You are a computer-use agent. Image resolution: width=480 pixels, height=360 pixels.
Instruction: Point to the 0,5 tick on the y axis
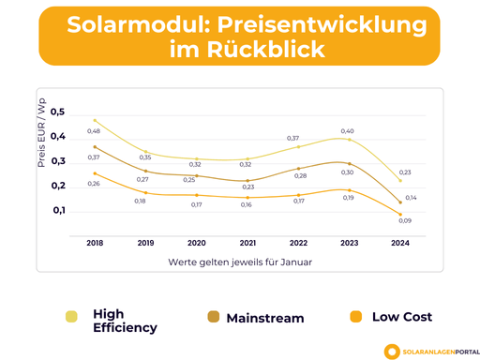(57, 112)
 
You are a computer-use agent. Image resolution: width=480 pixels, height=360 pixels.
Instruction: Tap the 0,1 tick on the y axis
(57, 210)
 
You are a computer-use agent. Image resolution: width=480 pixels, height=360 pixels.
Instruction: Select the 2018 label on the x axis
(95, 242)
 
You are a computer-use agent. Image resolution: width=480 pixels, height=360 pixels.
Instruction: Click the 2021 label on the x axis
(247, 242)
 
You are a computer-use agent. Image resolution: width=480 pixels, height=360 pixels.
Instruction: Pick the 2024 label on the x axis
(399, 242)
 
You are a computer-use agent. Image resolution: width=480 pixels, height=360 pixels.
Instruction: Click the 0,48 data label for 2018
(94, 130)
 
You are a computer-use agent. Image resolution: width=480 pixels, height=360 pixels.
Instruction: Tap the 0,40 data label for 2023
(347, 131)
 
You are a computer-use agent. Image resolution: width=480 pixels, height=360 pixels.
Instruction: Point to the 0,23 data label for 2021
(247, 187)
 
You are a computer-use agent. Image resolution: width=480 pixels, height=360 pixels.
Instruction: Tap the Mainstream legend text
(264, 318)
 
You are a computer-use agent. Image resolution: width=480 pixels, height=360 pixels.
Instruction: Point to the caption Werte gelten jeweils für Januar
(240, 262)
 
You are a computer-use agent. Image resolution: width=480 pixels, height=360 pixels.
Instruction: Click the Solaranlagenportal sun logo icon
(391, 350)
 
